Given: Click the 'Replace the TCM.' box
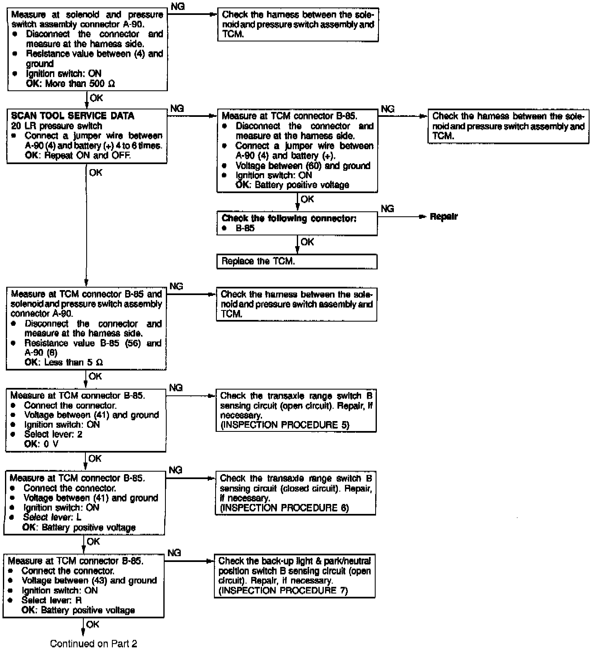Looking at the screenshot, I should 297,262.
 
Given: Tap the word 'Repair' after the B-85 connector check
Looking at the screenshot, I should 444,217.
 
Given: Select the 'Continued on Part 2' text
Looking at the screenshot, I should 93,643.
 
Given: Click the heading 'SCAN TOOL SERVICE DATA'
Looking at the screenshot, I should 73,116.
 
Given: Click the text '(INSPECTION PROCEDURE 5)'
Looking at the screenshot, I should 285,425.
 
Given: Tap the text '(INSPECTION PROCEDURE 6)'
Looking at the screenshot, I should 284,508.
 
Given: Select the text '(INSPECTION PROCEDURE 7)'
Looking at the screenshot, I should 283,591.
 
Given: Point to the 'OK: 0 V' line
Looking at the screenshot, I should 41,444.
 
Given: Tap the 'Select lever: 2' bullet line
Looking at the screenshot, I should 53,434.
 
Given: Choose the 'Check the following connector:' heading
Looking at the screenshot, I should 289,218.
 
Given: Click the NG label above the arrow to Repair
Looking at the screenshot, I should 387,208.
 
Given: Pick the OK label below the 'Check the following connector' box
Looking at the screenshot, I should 307,242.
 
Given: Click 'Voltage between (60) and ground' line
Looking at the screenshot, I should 303,166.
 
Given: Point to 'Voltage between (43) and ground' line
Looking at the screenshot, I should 89,581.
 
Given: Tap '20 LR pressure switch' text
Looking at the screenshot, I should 57,126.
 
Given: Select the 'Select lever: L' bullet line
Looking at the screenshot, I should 52,517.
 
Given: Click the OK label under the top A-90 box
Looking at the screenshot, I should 96,98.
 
